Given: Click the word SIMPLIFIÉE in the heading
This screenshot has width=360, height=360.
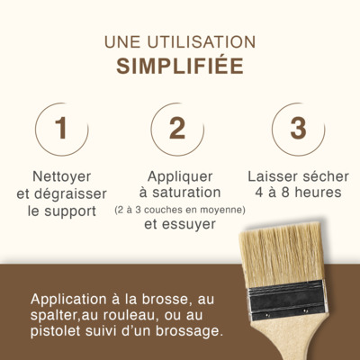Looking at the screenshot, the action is pos(180,65).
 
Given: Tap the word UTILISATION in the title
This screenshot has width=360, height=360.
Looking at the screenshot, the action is pos(202,42).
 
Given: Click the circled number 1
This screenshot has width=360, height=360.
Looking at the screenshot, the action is pos(62,130).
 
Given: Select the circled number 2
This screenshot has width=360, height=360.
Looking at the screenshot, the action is pos(177,130).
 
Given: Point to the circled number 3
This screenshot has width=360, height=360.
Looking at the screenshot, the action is pos(298,130).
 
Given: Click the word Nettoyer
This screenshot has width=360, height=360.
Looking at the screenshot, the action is pos(62,176).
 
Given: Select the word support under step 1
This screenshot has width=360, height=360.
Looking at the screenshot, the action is pos(70,211).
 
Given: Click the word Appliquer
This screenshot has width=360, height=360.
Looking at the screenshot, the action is pos(180,176).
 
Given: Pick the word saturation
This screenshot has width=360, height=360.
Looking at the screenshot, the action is pos(186,193).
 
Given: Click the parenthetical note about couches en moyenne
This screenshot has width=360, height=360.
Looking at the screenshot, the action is pos(180,210).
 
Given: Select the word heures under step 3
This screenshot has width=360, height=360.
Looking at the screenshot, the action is pos(319,193).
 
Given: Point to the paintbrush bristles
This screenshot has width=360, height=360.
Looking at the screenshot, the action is pos(282,255).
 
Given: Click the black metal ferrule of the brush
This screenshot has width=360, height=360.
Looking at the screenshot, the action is pos(286,300).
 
